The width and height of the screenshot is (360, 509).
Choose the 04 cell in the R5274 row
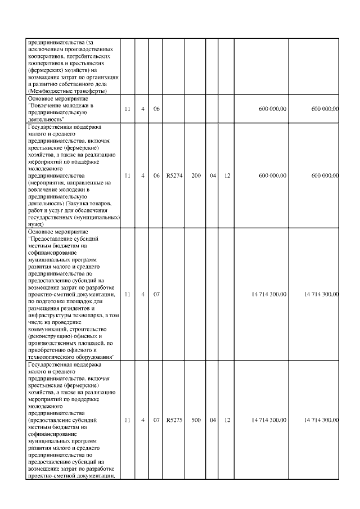tap(213, 175)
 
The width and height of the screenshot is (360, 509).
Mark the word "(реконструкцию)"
tap(48, 336)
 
